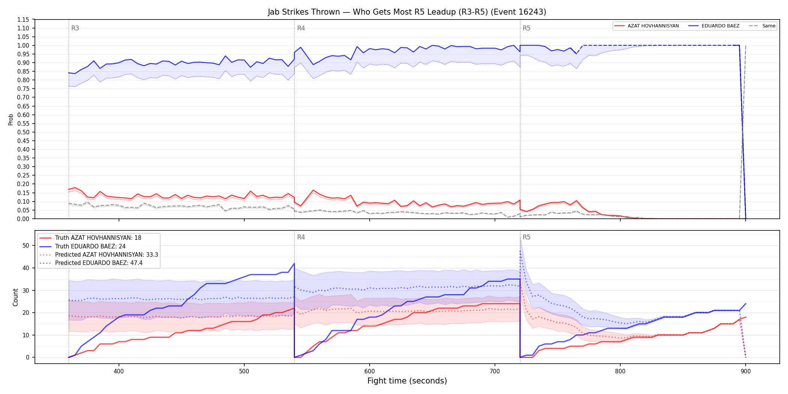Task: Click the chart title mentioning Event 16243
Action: [407, 12]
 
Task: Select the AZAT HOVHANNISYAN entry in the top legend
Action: [647, 26]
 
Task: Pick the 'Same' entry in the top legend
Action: [762, 26]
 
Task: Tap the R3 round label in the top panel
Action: [75, 28]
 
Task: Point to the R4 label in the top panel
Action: [301, 28]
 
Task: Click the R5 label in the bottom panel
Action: [526, 237]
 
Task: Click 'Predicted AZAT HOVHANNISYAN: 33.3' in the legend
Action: [99, 254]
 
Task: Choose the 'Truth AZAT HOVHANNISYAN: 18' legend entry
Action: [90, 238]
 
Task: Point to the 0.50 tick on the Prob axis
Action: [23, 132]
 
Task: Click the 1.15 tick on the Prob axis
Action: [23, 20]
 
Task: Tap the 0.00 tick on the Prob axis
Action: [23, 219]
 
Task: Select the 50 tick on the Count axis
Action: [26, 245]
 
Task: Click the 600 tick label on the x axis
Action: [370, 371]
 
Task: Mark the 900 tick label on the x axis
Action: [746, 371]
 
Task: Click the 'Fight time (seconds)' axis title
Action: [407, 381]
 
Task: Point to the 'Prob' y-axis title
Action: [11, 119]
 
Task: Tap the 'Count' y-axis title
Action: [15, 297]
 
